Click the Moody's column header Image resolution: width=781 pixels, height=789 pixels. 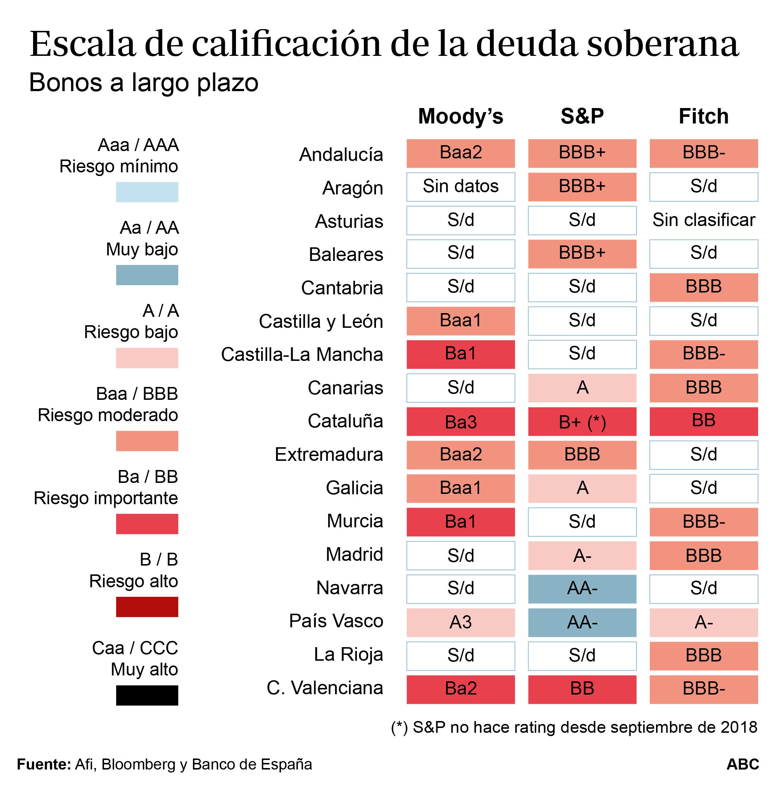point(461,116)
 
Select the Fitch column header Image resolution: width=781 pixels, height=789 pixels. point(703,116)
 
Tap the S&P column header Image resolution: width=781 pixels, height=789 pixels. point(582,116)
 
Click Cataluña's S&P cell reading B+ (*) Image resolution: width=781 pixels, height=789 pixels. point(582,422)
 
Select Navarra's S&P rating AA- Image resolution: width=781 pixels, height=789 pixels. point(582,589)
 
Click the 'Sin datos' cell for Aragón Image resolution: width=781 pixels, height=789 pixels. point(461,187)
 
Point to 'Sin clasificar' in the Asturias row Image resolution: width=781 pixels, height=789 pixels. point(703,220)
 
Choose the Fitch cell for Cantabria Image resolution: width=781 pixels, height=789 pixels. point(703,287)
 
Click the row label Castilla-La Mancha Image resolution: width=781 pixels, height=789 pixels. point(302,355)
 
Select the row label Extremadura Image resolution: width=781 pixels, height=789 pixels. point(329,455)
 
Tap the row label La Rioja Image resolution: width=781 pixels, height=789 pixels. point(348,654)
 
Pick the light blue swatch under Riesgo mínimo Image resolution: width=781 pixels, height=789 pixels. point(147,192)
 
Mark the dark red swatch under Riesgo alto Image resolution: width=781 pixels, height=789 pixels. point(147,607)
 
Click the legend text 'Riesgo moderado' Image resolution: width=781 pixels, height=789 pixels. point(108,415)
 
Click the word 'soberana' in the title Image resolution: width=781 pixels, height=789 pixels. point(662,44)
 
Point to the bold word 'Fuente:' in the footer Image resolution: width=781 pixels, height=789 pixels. point(44,764)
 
